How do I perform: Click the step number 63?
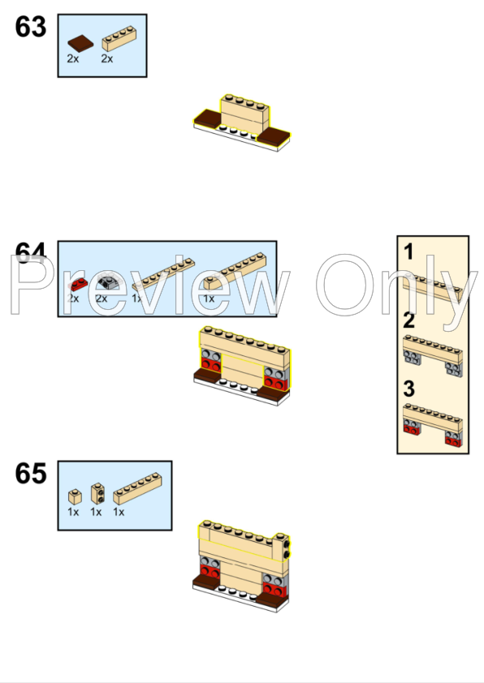(31, 27)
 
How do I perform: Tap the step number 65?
(31, 474)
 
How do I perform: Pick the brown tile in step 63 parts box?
(80, 42)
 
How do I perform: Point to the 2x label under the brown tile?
(73, 59)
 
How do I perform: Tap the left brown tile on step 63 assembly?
(209, 122)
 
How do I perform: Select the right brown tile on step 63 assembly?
(274, 135)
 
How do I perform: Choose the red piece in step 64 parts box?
(77, 285)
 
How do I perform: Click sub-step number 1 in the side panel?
(409, 252)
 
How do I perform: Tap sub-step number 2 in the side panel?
(409, 320)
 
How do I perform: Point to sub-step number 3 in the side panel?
(409, 389)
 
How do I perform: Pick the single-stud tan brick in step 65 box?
(74, 495)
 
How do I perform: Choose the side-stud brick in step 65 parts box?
(97, 492)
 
